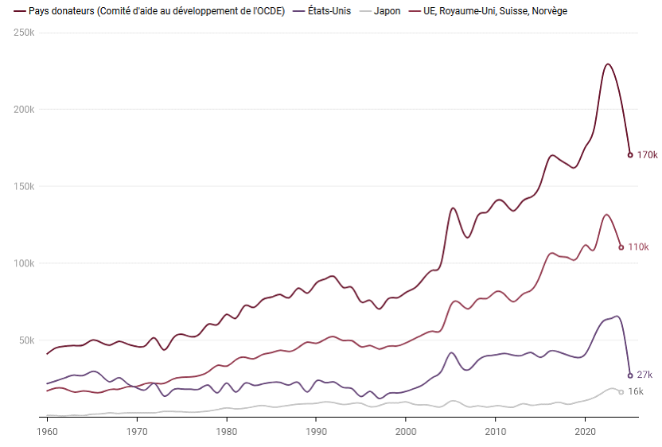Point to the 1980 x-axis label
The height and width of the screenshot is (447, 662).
click(x=227, y=431)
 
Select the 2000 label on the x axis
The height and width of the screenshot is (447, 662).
click(x=406, y=431)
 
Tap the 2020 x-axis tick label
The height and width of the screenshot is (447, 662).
click(x=586, y=431)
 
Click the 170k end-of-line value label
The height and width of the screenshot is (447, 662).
click(x=648, y=155)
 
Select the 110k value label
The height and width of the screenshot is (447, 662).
click(x=639, y=247)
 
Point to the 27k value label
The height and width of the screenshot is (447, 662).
click(x=644, y=375)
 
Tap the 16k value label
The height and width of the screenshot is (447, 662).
click(x=636, y=392)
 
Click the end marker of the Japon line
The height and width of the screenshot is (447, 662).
click(x=621, y=392)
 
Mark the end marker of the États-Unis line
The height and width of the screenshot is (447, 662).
click(x=630, y=375)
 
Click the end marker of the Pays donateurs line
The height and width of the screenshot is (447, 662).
click(x=630, y=155)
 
